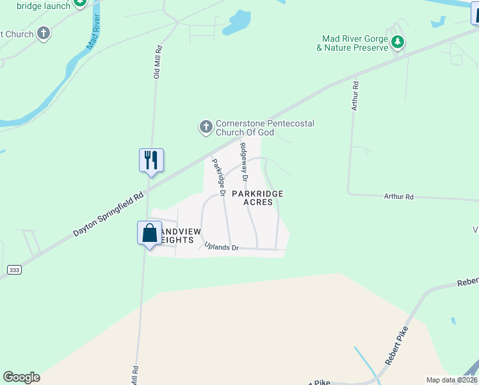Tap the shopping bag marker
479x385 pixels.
149,232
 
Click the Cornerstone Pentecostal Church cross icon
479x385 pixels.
206,126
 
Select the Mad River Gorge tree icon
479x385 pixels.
398,42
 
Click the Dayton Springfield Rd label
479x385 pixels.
108,214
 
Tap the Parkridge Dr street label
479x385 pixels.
218,177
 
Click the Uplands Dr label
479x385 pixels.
221,246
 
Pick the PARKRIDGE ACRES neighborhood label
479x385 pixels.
257,198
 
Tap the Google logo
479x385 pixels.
21,377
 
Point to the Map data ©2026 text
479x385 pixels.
451,380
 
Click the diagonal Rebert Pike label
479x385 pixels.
397,346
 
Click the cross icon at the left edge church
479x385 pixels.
44,33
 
